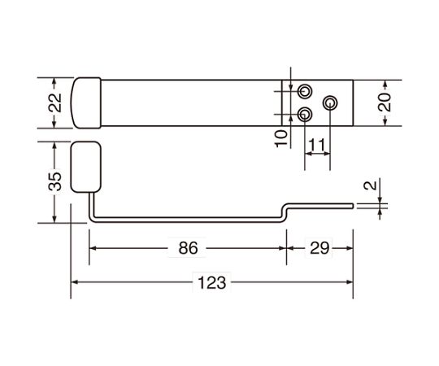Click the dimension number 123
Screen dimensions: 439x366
[211, 282]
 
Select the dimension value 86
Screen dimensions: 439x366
[188, 248]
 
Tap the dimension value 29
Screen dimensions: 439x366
[319, 248]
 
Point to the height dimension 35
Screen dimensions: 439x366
[55, 181]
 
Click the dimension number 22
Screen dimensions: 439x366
[55, 102]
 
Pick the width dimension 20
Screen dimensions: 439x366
[385, 102]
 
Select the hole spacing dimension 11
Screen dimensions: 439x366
[317, 145]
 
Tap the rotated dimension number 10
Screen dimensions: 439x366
[281, 138]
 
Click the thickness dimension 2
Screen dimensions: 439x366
[371, 185]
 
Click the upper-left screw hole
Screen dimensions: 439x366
[305, 91]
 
